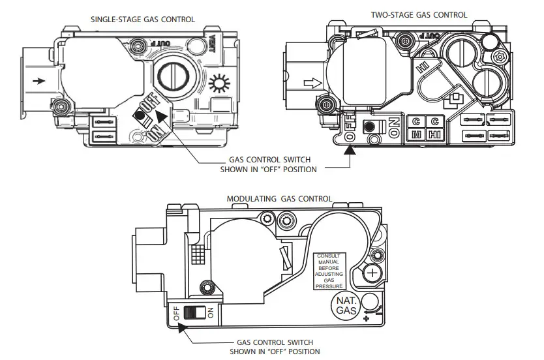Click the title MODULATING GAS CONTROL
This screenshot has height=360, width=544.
tap(279, 198)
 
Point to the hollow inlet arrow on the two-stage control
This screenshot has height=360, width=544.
tap(314, 83)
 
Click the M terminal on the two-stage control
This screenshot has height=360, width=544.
tap(415, 135)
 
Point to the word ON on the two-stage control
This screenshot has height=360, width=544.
tap(393, 127)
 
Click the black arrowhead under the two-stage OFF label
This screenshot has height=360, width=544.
tap(351, 149)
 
